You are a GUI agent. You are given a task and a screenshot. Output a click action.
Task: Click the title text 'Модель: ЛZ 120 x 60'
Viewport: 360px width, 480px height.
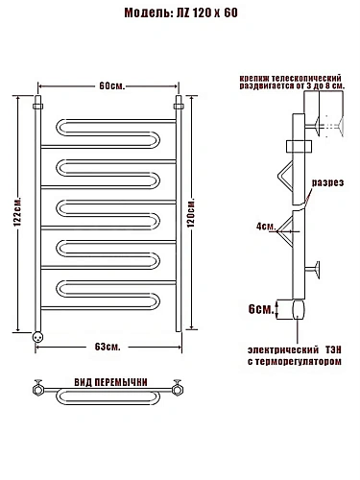(180, 13)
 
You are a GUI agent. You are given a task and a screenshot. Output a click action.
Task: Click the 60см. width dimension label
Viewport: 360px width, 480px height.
(111, 86)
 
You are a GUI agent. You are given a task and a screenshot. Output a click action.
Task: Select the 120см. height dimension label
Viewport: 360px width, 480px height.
(191, 213)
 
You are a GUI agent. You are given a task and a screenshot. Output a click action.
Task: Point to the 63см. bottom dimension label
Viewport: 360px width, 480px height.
(108, 347)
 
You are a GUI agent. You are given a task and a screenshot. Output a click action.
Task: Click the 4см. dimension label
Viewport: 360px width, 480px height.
(266, 227)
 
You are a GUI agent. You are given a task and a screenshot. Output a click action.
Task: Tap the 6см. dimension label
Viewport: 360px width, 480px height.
(260, 309)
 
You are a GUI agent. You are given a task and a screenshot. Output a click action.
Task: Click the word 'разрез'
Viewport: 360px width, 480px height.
(328, 182)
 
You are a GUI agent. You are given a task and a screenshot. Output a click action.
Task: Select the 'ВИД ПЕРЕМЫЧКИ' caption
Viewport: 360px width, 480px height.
(110, 382)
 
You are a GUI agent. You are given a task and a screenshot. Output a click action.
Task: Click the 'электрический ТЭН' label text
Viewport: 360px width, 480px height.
(295, 349)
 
